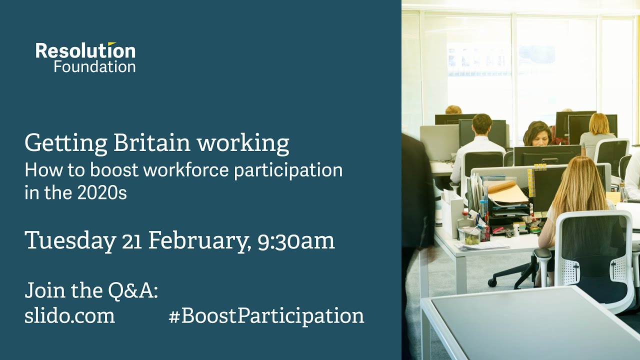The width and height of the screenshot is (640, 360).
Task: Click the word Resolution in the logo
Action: click(x=85, y=51)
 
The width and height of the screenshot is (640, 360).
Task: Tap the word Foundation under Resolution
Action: click(x=94, y=66)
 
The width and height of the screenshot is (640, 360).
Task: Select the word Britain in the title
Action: click(x=152, y=143)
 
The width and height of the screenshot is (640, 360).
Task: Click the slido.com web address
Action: click(x=69, y=316)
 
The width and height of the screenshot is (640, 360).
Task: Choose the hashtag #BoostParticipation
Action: click(x=266, y=316)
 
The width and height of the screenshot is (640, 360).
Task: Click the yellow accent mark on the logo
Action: click(x=111, y=44)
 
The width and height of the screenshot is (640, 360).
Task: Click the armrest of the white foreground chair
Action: click(x=542, y=255)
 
